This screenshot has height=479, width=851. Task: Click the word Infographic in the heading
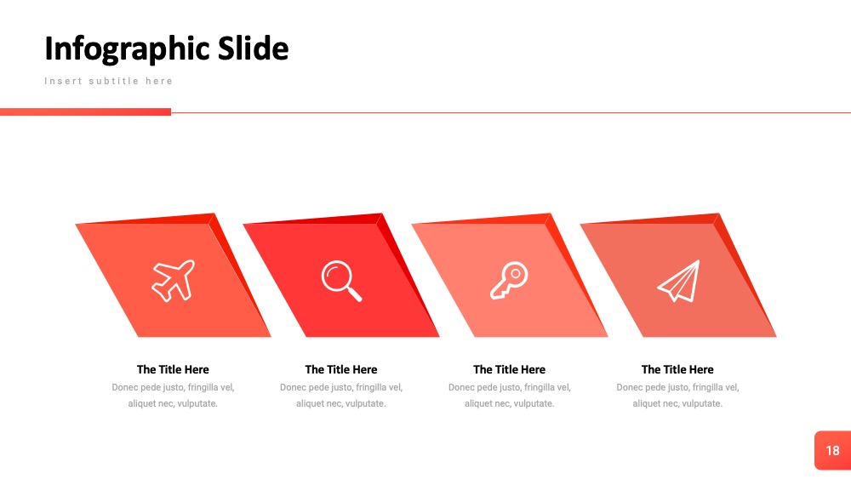click(129, 49)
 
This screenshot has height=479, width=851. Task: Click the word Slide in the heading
click(253, 48)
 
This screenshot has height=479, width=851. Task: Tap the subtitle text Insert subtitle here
click(109, 81)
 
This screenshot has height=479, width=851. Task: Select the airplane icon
click(173, 281)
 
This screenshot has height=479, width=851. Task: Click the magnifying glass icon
click(341, 281)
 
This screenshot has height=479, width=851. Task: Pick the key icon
click(509, 280)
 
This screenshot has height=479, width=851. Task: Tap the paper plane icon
click(678, 281)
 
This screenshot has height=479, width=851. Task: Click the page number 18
click(832, 450)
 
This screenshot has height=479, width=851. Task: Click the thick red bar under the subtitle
click(85, 111)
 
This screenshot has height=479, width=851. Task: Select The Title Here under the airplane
click(173, 369)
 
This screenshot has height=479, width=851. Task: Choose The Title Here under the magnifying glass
click(341, 369)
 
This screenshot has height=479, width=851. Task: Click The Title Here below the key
click(509, 369)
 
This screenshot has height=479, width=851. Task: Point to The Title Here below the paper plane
click(677, 369)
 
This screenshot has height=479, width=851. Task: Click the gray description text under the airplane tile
click(173, 396)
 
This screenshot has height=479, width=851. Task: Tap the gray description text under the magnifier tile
click(341, 396)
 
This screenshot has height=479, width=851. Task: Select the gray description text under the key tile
click(509, 396)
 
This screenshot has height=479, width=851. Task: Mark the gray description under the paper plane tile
click(677, 396)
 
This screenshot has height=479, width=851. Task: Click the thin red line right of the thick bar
click(511, 112)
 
